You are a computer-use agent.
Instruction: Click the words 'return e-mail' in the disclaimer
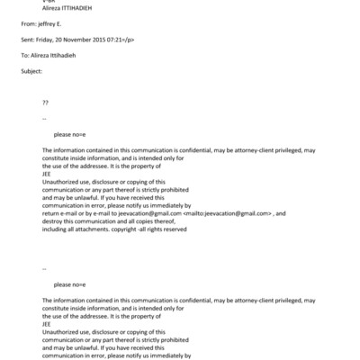(x=61, y=212)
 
